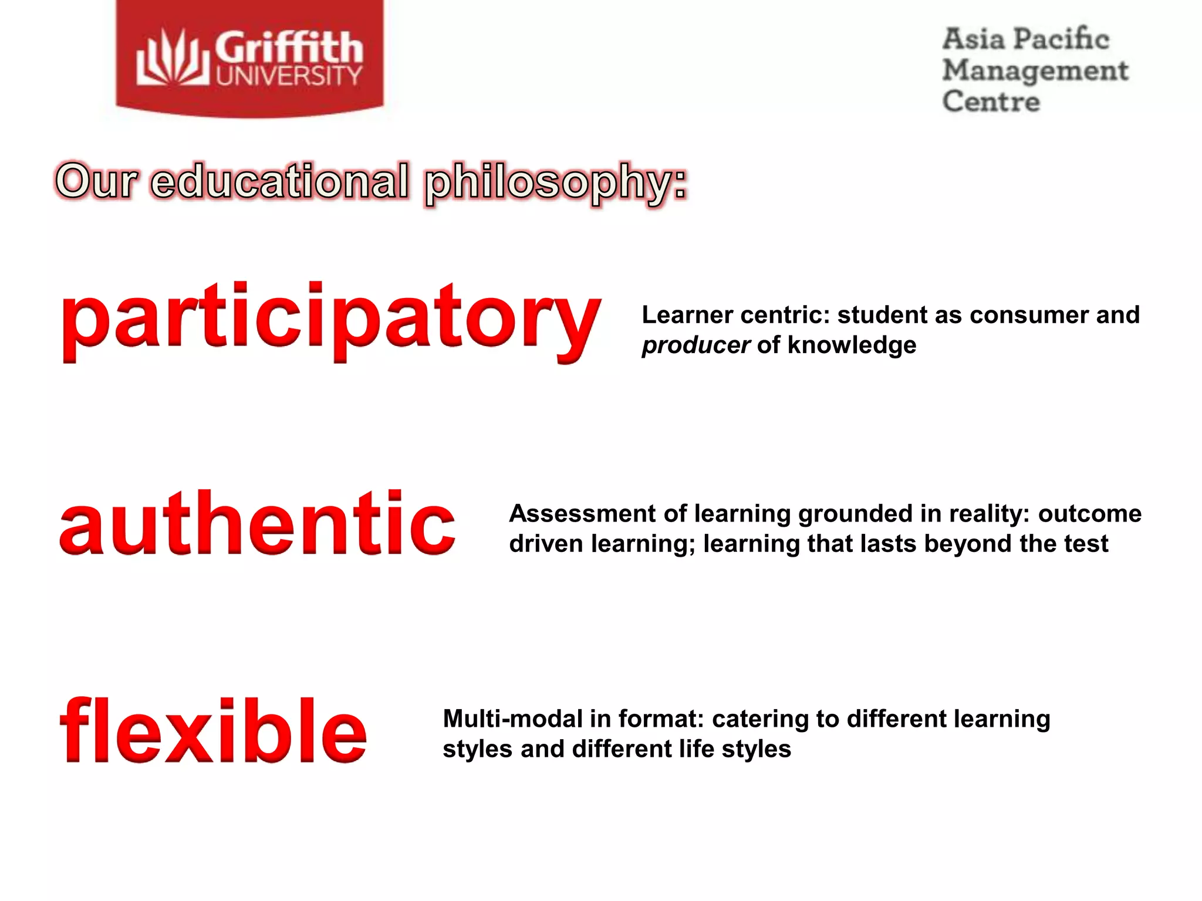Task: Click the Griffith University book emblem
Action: [x=173, y=59]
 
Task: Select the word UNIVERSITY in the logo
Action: [x=289, y=76]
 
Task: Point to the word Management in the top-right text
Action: [x=1035, y=71]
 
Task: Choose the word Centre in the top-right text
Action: [x=991, y=101]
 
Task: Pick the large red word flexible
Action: [x=214, y=731]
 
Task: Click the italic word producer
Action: [x=696, y=346]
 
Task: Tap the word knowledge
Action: [x=852, y=345]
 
